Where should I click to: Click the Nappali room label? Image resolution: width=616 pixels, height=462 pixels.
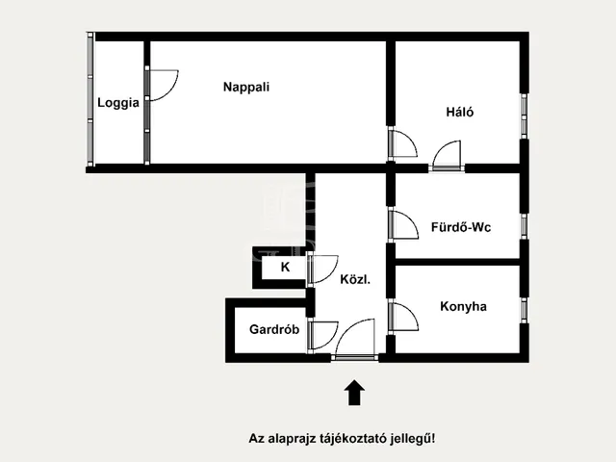(x=245, y=87)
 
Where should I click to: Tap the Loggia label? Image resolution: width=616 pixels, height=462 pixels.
(x=117, y=103)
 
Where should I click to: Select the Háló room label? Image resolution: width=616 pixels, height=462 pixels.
(x=459, y=112)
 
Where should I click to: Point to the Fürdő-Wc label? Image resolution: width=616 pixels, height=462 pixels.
(x=461, y=227)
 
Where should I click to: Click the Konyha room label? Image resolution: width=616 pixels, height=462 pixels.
(x=463, y=307)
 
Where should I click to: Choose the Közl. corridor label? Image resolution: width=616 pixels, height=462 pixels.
(x=355, y=280)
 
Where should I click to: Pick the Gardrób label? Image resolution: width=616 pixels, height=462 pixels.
(x=274, y=329)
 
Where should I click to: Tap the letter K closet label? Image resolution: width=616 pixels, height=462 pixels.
(x=285, y=268)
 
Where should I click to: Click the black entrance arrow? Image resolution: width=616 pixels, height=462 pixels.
(x=354, y=392)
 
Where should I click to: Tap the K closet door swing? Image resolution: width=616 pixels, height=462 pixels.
(x=322, y=269)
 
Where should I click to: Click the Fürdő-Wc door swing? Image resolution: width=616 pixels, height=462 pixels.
(x=402, y=223)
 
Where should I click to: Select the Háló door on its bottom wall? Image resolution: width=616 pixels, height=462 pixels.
(x=448, y=156)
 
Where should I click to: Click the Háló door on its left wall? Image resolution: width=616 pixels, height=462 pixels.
(x=402, y=144)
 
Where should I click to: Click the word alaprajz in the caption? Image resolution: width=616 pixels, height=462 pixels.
(x=288, y=438)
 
